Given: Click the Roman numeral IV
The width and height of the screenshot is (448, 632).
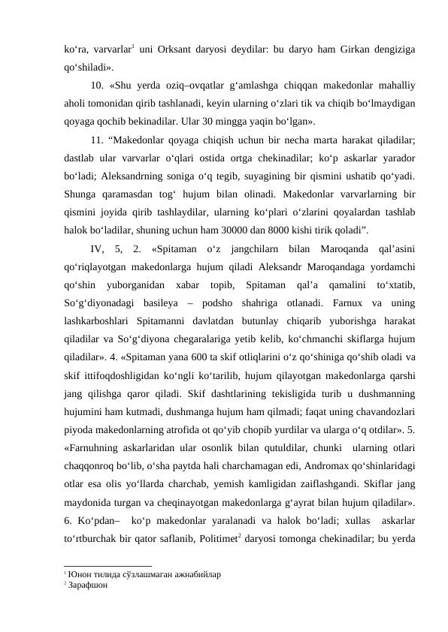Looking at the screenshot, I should pyautogui.click(x=96, y=248).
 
